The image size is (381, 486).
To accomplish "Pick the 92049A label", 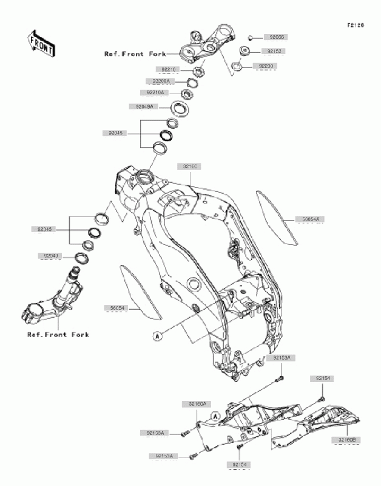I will [141, 106].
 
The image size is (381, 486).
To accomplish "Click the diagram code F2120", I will [355, 26].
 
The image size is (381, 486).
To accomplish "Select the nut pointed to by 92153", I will [246, 51].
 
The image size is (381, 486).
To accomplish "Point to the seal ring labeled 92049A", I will [180, 109].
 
